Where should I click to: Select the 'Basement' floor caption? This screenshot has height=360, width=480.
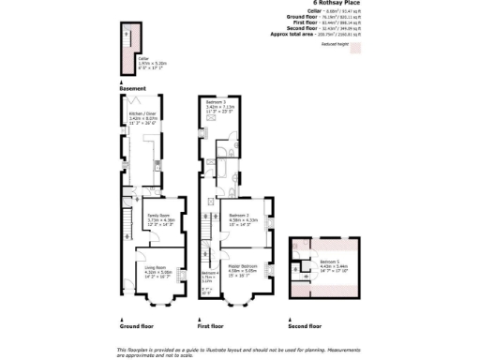(132, 88)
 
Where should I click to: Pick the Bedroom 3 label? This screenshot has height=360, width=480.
(218, 102)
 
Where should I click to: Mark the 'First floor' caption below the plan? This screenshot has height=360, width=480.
(211, 326)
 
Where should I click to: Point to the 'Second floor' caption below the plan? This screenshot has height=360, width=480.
(305, 326)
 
